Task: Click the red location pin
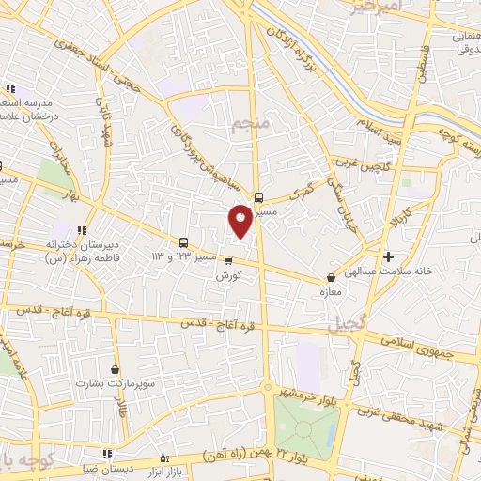point(240,220)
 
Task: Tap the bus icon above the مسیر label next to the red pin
point(259,197)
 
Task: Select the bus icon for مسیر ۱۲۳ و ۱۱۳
point(183,241)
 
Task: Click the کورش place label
point(227,276)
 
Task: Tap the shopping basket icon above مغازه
point(331,278)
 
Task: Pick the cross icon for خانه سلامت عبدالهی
point(388,256)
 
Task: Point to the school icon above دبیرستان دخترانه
point(82,228)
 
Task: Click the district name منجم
point(252,122)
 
